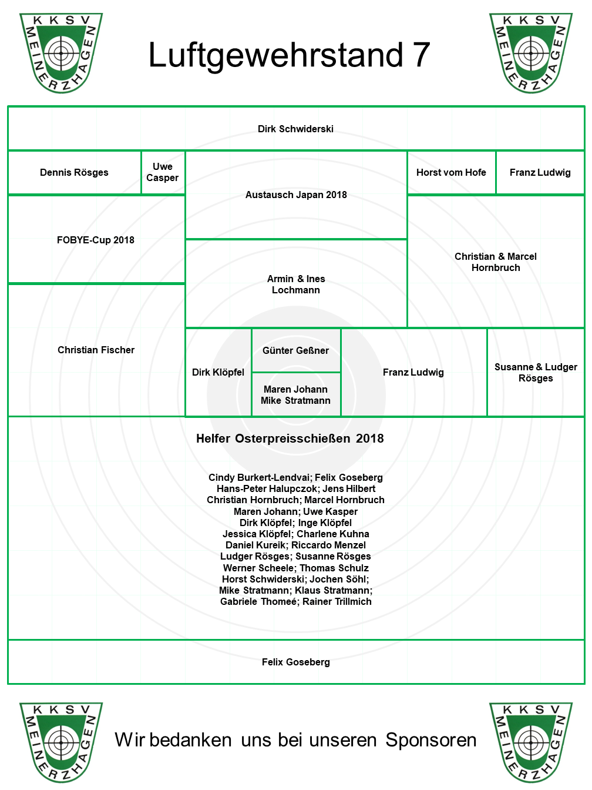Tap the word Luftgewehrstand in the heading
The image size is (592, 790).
pos(275,56)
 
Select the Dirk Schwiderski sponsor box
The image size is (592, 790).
pos(295,129)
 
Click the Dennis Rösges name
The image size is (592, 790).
pos(74,172)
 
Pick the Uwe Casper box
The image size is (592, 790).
pos(163,172)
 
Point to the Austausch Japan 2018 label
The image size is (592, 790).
pos(296,195)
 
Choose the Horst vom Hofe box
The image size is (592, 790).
pos(451,172)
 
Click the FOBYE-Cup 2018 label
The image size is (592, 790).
pos(96,240)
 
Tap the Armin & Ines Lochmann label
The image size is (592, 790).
pos(296,284)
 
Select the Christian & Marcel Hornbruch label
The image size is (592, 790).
pos(496,262)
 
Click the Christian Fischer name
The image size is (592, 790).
pos(96,350)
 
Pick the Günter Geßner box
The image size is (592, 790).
pos(295,350)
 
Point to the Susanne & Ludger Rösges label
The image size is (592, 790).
pos(536,373)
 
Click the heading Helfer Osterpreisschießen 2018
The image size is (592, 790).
pos(290,438)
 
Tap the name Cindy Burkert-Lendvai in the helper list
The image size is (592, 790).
pos(258,478)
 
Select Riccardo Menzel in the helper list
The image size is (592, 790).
pos(328,545)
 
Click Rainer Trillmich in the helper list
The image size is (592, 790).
pos(337,601)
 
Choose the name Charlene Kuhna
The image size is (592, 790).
pos(333,534)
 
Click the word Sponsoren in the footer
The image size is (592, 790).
pos(431,741)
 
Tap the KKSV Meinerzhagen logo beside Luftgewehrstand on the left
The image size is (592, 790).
pos(61,53)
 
